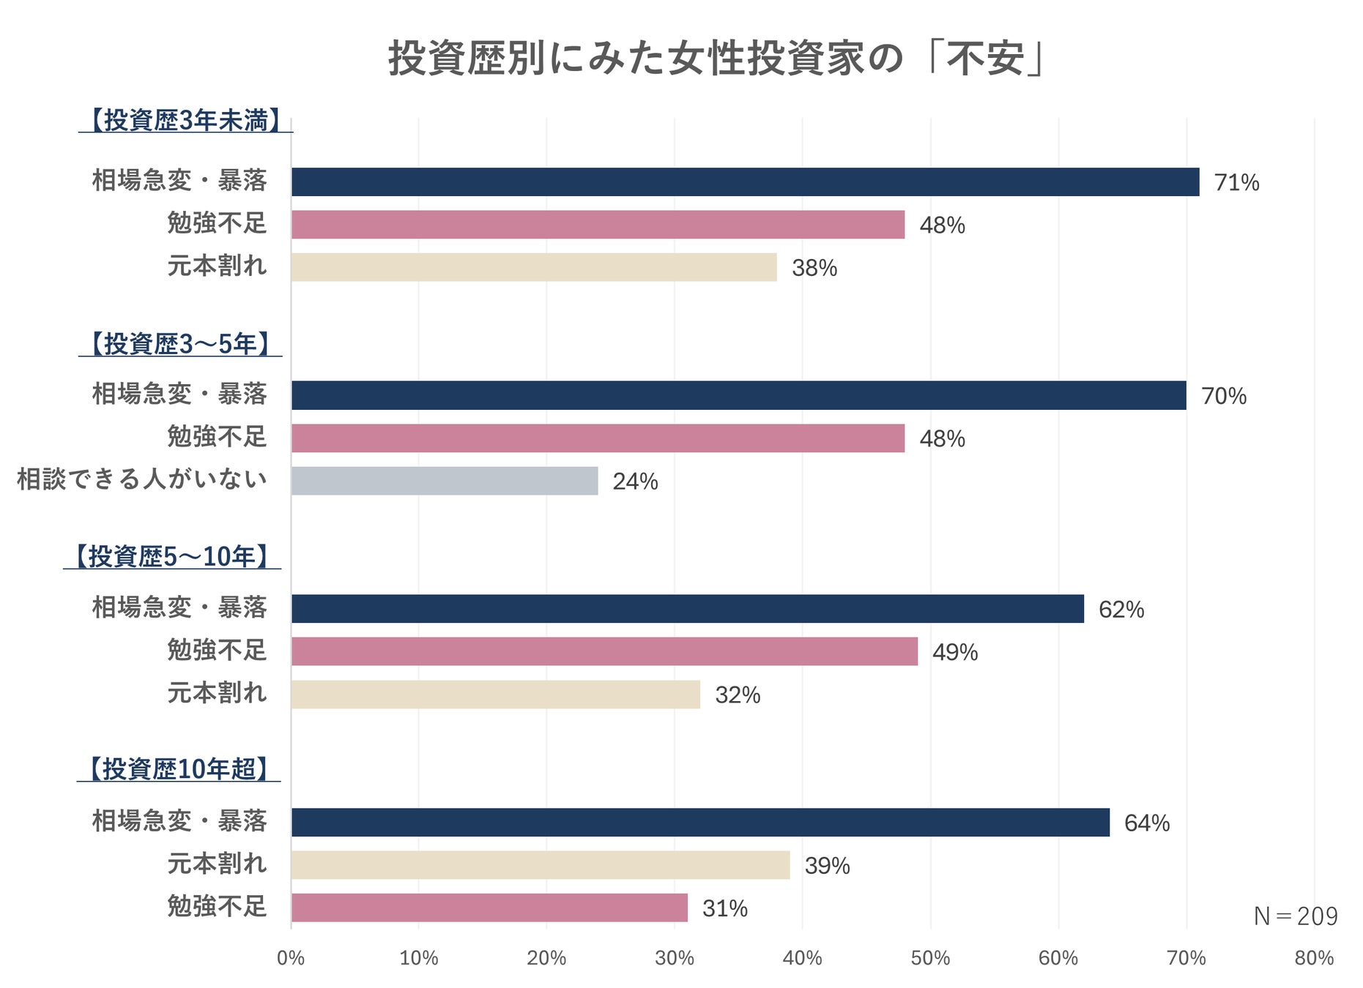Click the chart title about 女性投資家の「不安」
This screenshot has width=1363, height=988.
click(x=718, y=59)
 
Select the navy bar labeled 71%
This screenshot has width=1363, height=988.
click(x=745, y=181)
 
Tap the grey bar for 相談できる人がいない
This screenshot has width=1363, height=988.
click(x=444, y=481)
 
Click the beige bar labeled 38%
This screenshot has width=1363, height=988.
click(x=533, y=267)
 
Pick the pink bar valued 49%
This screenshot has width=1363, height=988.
click(x=604, y=651)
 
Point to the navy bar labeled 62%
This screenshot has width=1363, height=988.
click(x=687, y=609)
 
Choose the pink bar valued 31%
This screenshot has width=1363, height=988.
click(x=489, y=907)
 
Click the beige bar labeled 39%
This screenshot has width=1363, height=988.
click(x=540, y=865)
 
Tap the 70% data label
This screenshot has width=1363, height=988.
click(x=1223, y=396)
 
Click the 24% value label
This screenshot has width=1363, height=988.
click(x=635, y=482)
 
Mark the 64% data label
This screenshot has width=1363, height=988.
click(x=1146, y=823)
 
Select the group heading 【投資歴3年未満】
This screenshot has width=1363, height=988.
click(x=185, y=121)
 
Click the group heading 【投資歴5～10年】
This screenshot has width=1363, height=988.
click(x=172, y=557)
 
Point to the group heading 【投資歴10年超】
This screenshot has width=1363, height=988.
click(x=179, y=769)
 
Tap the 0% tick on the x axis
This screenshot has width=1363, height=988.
click(x=291, y=958)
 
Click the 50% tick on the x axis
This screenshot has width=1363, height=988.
click(x=930, y=958)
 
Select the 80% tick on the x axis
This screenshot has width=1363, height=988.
click(x=1314, y=958)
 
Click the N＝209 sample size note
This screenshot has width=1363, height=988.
click(x=1295, y=916)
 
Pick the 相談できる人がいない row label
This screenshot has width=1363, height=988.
click(x=142, y=479)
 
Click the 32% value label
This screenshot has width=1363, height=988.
click(x=738, y=695)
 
